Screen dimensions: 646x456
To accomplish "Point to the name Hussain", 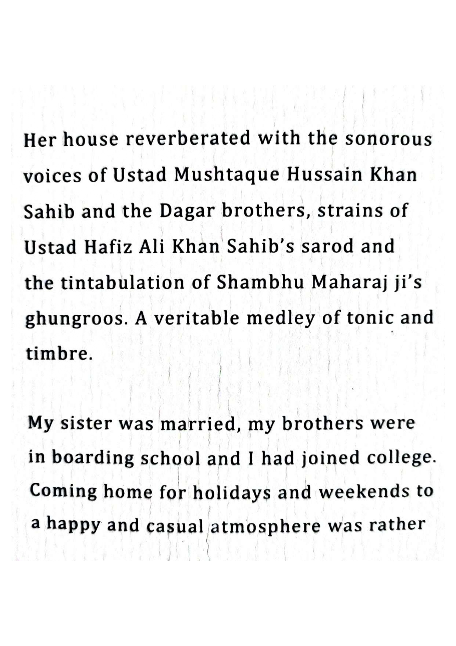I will [323, 174].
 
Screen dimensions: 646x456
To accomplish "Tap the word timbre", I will [57, 354].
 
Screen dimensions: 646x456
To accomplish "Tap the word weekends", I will [364, 492].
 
